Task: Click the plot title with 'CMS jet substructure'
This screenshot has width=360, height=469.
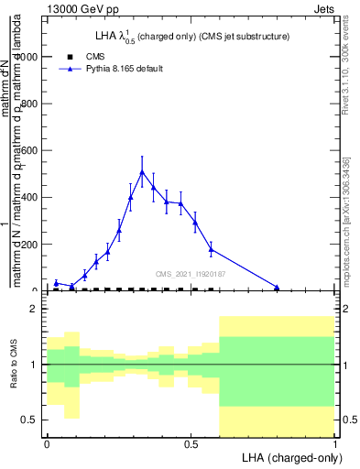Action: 189,37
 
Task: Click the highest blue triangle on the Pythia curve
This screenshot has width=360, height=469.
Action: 142,172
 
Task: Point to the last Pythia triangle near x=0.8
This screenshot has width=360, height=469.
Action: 277,288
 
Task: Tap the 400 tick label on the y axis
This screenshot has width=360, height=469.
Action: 30,197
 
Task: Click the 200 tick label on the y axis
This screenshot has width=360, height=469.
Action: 30,244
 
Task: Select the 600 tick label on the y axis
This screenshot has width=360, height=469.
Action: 30,150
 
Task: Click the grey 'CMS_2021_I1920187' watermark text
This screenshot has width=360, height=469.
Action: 190,273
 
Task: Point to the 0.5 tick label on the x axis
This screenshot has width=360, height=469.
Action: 191,442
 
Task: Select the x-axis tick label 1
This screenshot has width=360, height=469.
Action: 334,442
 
